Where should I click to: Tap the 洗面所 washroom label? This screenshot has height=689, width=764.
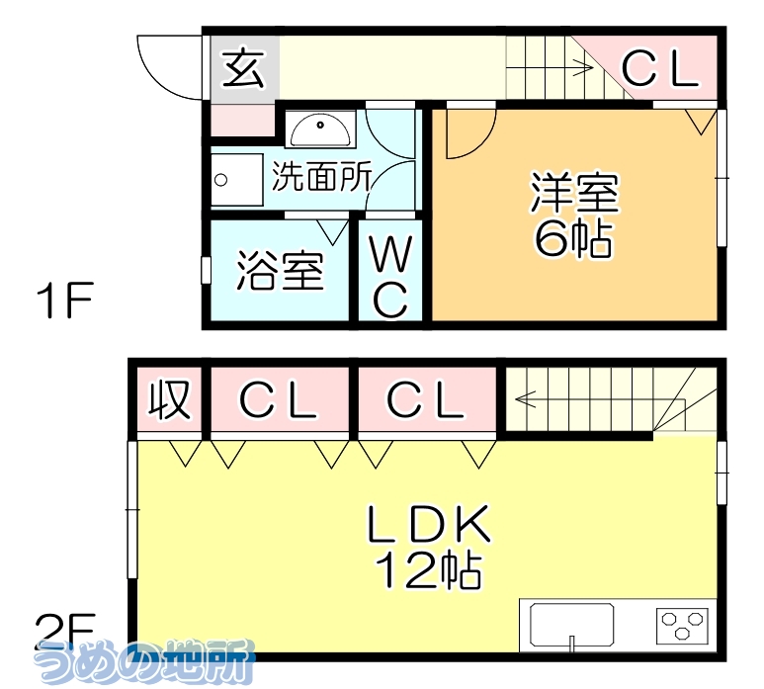[x=321, y=178]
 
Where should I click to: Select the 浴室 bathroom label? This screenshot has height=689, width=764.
[x=280, y=271]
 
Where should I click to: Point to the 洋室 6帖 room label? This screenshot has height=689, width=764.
[x=574, y=215]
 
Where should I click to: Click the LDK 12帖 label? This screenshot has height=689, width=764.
[x=428, y=547]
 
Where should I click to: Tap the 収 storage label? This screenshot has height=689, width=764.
[x=170, y=400]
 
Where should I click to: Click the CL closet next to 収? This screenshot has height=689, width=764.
[x=279, y=400]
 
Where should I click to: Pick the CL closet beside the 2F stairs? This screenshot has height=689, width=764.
[x=426, y=400]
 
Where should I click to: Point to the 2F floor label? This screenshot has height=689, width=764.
[x=64, y=629]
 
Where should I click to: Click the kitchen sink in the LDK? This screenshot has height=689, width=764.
[x=572, y=626]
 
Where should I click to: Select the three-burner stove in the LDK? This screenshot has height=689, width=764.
[x=684, y=626]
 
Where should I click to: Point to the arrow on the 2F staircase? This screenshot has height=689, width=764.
[x=539, y=400]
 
